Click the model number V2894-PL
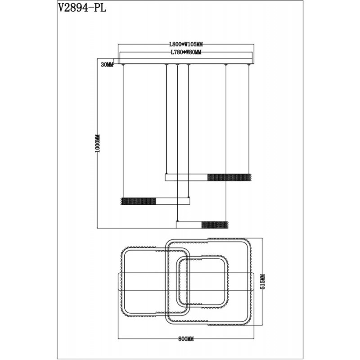pos(82,8)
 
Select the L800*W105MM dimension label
pos(186,44)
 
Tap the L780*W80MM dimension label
pos(186,52)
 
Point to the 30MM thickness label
pos(107,65)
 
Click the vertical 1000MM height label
pos(98,144)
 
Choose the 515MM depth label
pos(263,282)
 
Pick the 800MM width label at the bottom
pos(186,339)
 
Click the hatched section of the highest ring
pos(229,177)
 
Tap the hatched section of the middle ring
pos(139,201)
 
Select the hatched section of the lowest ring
pos(215,225)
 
